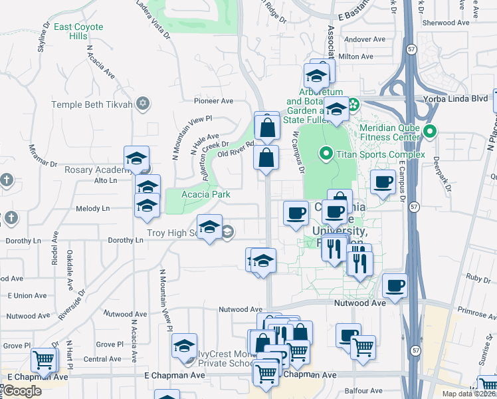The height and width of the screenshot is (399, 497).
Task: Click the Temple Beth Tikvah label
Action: pos(92,105)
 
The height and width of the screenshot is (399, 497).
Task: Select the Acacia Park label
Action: pos(207,194)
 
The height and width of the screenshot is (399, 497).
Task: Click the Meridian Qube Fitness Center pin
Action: pos(429,131)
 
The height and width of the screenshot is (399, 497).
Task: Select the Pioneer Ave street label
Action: pos(213,101)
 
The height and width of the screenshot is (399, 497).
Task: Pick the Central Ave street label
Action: pos(102,359)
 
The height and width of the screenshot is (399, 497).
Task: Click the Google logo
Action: pos(21,391)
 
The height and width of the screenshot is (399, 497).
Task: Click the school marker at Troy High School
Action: pos(209,227)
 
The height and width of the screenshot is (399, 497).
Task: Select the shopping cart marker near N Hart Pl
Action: pos(44,360)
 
